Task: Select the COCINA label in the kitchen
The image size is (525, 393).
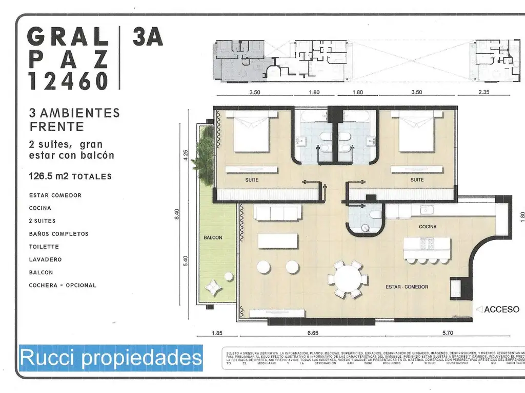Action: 427,226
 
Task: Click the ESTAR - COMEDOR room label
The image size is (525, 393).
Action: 407,287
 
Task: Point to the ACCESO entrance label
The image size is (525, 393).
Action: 501,310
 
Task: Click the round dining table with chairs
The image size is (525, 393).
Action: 348,279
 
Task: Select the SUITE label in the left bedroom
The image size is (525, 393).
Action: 251,180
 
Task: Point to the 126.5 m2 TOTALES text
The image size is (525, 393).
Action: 70,177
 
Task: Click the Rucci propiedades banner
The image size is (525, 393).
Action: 111,357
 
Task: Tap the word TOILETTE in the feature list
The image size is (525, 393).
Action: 45,247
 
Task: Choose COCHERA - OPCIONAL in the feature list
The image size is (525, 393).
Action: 63,285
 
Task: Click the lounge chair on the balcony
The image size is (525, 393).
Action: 214,288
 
